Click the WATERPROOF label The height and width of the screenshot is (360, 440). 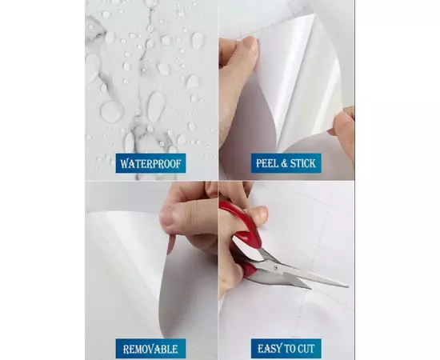coord(150,163)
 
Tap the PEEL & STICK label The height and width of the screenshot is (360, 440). coord(286,163)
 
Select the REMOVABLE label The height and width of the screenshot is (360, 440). coord(150,349)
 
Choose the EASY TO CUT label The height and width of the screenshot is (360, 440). coord(286,349)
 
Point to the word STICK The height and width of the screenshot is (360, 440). coord(303,163)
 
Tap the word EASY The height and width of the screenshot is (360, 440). coord(267,349)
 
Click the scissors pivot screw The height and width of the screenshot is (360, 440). coord(276,268)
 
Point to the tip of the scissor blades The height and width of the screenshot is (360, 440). coord(347,286)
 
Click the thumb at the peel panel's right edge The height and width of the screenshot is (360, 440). coord(344,123)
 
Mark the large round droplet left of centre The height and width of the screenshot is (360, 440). coord(112,112)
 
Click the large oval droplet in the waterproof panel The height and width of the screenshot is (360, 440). coord(156,106)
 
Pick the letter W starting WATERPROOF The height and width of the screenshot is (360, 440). coord(125,163)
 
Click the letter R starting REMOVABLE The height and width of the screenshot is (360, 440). coord(126,350)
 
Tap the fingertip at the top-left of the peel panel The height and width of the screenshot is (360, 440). coord(248,46)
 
